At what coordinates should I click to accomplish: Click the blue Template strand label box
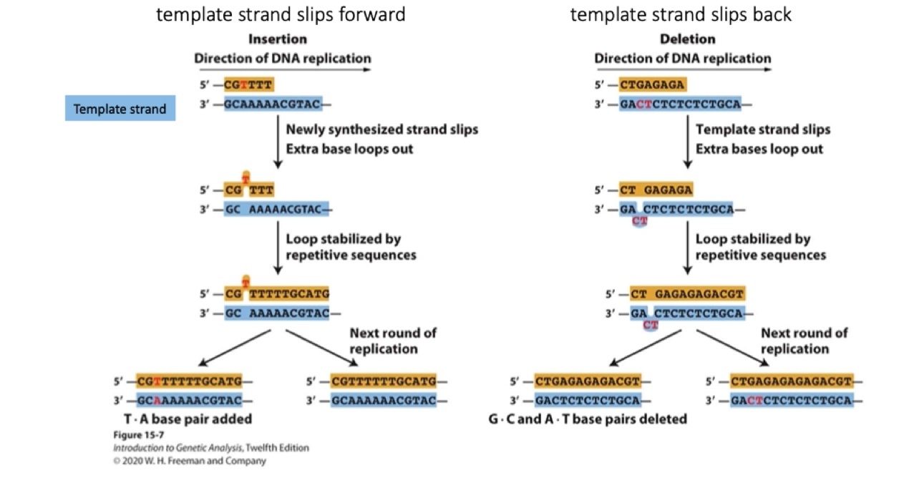point(120,109)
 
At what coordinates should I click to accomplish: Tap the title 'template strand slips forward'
point(281,14)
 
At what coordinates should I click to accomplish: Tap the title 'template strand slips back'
point(681,14)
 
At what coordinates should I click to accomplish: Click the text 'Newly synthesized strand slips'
point(381,130)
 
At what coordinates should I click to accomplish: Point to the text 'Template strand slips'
point(763,130)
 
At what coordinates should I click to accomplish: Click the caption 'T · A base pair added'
point(188,419)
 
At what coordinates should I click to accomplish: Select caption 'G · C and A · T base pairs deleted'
point(587,419)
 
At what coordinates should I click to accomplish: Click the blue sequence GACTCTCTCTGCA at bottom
point(587,399)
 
